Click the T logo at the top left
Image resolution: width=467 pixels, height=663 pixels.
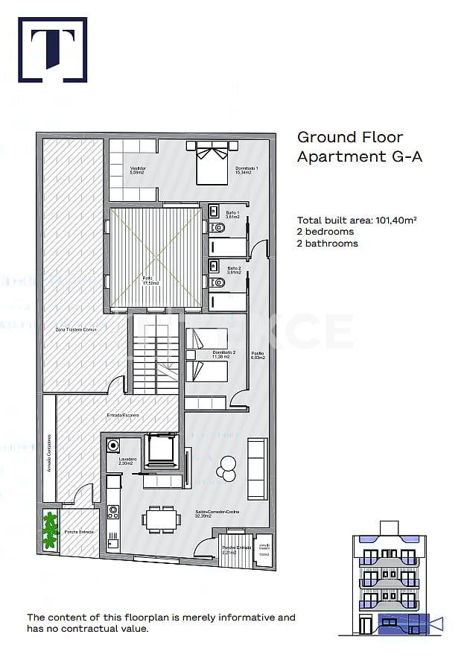52,49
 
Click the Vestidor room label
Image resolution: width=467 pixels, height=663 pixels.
137,168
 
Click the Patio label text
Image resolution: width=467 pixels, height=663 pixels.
148,280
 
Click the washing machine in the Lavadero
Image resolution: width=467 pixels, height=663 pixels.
113,445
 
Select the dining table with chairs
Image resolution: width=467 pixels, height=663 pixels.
162,518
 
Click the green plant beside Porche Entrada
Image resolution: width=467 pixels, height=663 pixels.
50,530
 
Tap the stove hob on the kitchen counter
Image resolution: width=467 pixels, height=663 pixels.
113,512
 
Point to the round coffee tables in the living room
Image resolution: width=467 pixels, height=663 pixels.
226,468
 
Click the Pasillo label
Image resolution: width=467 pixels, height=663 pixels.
258,355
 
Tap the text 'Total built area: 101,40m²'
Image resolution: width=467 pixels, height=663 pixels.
356,220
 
